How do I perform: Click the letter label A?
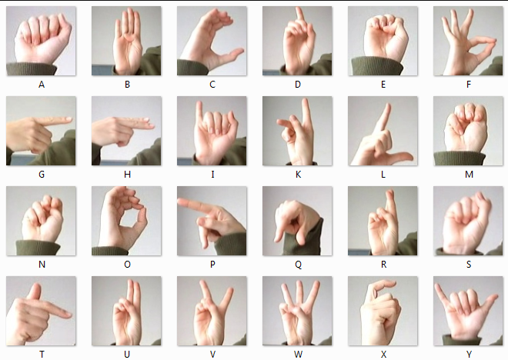click(x=42, y=85)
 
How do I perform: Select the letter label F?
click(x=469, y=85)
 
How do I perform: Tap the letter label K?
click(x=298, y=175)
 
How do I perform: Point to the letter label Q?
click(x=298, y=265)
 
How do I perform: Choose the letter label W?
click(x=298, y=355)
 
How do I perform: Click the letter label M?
click(x=469, y=175)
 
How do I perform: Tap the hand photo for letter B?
click(x=126, y=41)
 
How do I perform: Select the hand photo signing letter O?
click(x=126, y=221)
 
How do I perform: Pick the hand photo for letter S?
click(x=468, y=221)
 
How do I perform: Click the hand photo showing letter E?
click(x=383, y=41)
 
